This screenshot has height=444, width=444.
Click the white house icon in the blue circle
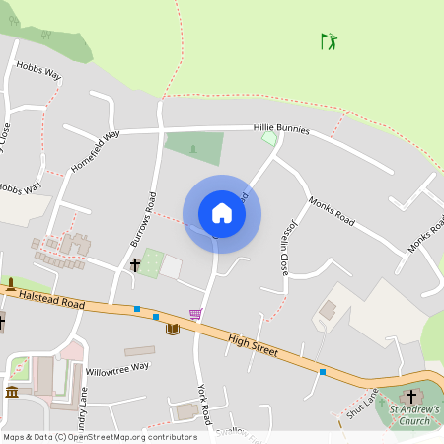point(221,213)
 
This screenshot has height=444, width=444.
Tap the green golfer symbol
point(329,41)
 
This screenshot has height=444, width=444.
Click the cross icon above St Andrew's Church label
point(411,396)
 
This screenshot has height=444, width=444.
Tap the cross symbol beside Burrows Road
point(135,264)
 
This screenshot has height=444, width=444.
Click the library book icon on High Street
point(173,329)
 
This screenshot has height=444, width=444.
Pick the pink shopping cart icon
point(195,315)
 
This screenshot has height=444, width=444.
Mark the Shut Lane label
point(362,404)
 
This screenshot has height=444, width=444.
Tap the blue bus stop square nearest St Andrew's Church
point(323,372)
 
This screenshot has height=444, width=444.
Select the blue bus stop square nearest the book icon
point(156,316)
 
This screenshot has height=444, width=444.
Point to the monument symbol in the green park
point(193,148)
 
